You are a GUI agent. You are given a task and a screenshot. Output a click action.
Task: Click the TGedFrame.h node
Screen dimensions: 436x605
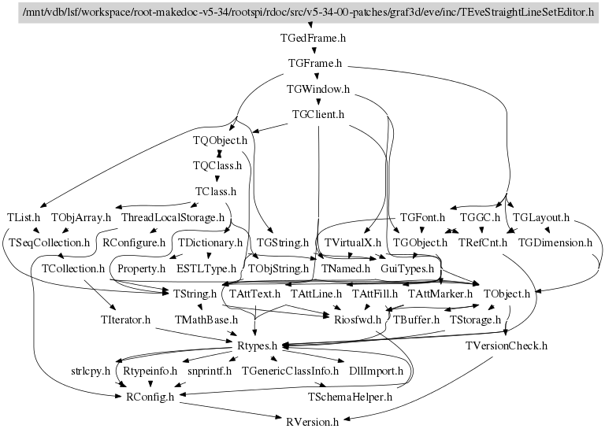314,37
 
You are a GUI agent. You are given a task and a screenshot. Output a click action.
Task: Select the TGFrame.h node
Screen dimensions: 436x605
315,63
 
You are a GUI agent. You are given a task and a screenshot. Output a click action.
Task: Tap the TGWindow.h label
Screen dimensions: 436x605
318,89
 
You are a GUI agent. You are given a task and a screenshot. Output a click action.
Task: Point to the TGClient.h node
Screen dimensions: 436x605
318,114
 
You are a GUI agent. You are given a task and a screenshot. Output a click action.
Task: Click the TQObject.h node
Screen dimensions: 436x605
220,140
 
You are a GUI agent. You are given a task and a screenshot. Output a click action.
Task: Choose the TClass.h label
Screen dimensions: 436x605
216,191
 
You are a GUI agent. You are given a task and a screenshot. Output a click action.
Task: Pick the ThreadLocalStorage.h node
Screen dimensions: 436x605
174,216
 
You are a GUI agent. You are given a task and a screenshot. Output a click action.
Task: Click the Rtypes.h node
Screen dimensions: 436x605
258,345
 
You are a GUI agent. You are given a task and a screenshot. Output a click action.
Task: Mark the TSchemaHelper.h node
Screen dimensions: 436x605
351,396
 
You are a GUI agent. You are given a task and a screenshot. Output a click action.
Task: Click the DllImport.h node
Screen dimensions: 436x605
376,370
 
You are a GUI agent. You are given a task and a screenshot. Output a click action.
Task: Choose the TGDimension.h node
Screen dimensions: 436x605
555,242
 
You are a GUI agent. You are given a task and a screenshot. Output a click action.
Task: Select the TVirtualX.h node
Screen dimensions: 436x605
352,242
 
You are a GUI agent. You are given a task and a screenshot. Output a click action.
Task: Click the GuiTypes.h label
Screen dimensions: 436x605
407,268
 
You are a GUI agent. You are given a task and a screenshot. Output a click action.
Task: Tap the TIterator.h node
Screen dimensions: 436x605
125,320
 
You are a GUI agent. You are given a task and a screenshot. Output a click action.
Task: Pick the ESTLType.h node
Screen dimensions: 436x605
206,268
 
